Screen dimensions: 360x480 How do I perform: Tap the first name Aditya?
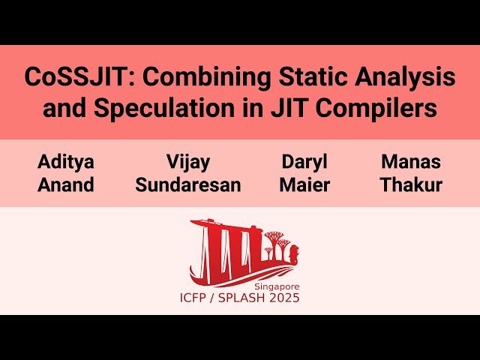pos(67,161)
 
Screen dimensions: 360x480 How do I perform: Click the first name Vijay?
pos(188,161)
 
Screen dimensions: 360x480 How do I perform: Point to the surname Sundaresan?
pos(188,184)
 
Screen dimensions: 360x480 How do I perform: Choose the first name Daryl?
pos(304,161)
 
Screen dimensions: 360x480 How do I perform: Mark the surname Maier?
pos(304,184)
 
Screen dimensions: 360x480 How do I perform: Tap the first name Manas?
pos(411,161)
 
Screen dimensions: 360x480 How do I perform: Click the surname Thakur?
pos(411,184)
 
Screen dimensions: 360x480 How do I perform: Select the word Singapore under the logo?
pos(277,286)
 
